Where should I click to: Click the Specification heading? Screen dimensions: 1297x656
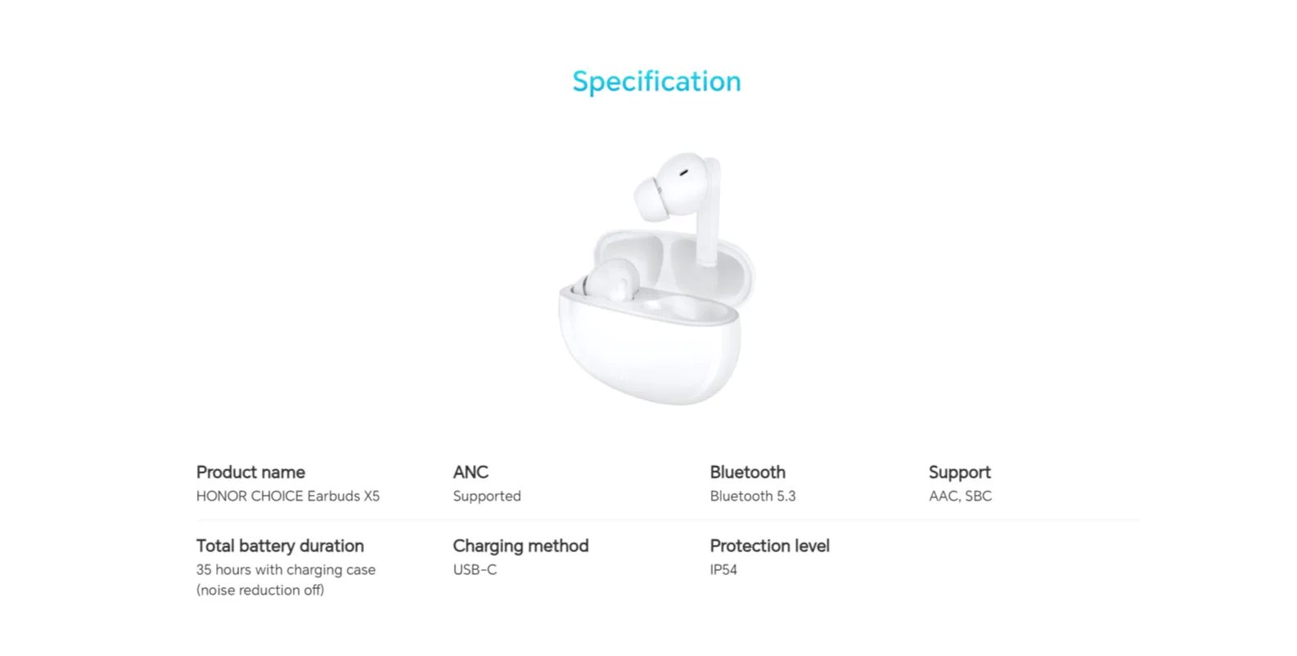point(656,82)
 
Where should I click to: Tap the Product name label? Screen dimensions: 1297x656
point(250,473)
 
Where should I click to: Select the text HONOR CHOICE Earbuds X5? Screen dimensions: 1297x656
point(288,496)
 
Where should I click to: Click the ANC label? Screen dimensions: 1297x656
point(471,473)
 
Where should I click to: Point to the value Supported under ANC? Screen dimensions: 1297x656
point(487,496)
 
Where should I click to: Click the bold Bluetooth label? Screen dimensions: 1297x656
point(747,473)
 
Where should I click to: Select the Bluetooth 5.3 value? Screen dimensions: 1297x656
point(753,496)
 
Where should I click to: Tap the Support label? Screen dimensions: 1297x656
point(960,473)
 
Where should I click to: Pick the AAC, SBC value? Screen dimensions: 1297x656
point(961,496)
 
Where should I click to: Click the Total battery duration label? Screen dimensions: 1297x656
point(280,546)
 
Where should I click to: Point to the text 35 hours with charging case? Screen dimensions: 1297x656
point(286,570)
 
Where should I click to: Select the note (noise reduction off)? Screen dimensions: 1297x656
point(260,590)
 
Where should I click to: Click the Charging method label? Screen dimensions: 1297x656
point(520,546)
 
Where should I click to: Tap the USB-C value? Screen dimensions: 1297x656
point(475,570)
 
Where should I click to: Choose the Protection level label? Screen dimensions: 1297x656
point(769,546)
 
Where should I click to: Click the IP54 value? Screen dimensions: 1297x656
point(723,570)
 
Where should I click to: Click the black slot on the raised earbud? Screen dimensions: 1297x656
point(683,173)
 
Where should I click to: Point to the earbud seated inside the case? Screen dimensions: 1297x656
point(608,281)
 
